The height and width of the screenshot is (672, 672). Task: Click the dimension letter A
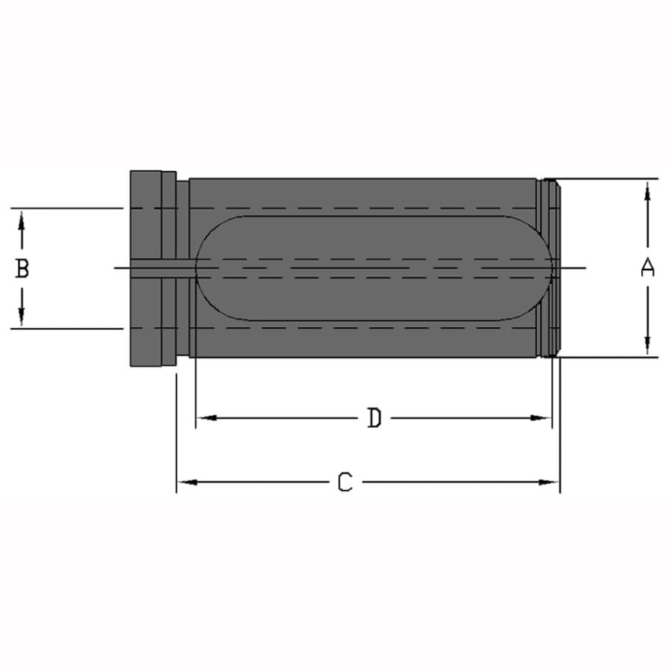coord(647,267)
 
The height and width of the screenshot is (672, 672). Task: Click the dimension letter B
coord(22,268)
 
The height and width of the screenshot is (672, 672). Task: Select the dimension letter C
coord(345,482)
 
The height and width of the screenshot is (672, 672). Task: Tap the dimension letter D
coord(374,418)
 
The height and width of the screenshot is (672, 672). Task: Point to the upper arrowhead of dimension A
coord(647,190)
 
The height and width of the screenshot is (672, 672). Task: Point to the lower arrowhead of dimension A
coord(647,345)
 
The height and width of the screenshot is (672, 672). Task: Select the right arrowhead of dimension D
coord(540,418)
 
